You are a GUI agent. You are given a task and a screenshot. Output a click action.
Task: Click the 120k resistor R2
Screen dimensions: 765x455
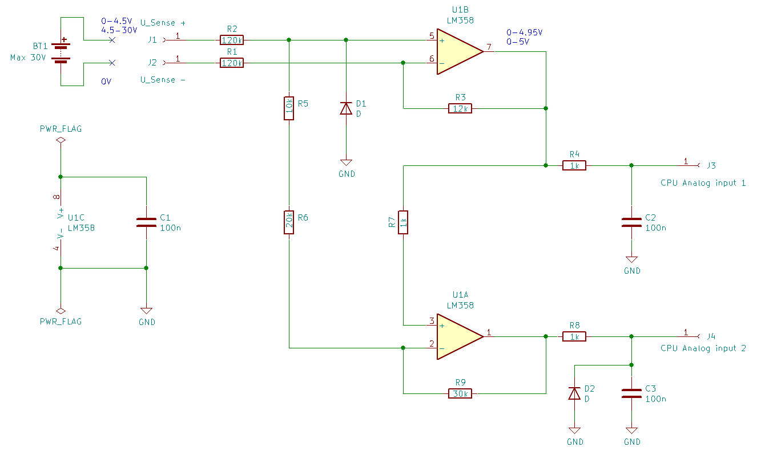tap(232, 40)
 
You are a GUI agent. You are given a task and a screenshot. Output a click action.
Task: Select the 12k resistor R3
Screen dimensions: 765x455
tap(460, 108)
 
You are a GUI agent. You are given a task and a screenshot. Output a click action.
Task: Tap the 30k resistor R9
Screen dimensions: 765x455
tap(460, 393)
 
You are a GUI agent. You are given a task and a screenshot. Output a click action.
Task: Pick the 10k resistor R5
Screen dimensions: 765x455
tap(289, 108)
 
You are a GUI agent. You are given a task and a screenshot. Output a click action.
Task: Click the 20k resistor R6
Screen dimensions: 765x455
tap(289, 222)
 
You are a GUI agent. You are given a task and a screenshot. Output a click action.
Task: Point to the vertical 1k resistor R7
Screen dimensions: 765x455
tap(403, 222)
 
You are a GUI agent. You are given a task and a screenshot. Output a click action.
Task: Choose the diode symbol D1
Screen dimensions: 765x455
tap(346, 108)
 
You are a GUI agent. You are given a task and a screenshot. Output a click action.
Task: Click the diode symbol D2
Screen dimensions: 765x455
tap(574, 393)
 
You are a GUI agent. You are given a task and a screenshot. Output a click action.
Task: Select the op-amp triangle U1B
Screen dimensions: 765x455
tap(460, 51)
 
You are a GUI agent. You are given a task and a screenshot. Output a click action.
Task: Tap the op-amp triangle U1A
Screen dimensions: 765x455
tap(460, 336)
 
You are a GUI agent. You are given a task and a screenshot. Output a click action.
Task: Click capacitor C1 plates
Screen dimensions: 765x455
tap(147, 222)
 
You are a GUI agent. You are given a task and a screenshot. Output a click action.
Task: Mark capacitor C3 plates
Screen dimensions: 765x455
tap(631, 393)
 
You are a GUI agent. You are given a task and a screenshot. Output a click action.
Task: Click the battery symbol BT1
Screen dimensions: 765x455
tap(61, 51)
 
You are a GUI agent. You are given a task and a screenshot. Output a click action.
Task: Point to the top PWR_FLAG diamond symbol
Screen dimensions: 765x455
tap(61, 140)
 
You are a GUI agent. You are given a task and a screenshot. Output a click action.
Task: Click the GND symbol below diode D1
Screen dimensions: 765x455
tap(346, 162)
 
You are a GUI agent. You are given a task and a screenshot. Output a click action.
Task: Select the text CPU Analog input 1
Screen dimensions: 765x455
tap(703, 183)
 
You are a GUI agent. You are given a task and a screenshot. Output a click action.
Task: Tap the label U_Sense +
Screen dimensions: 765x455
tap(163, 23)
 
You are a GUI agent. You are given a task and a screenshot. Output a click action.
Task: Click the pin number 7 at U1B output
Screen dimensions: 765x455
tap(489, 47)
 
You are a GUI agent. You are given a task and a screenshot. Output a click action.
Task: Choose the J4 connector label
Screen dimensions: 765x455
tap(711, 336)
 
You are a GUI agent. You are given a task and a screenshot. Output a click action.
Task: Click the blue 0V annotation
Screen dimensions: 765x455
tap(106, 82)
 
